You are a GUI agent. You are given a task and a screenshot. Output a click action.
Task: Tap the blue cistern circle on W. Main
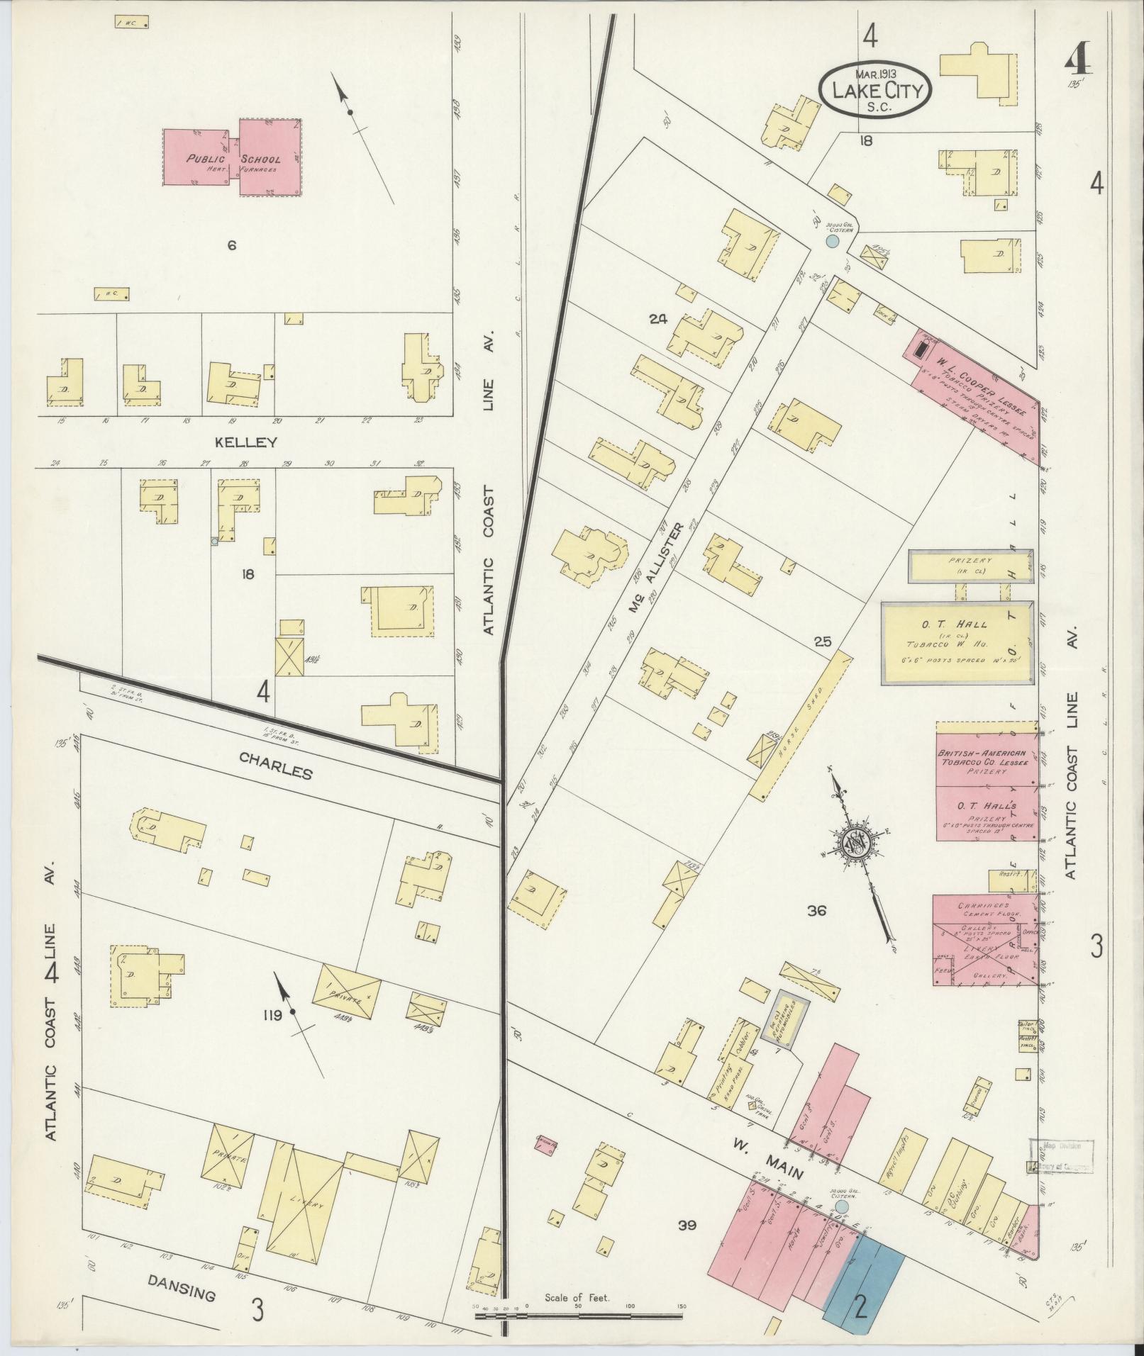(x=841, y=1205)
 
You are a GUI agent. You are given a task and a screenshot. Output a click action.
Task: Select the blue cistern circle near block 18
(x=833, y=241)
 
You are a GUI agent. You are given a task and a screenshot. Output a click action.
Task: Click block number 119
(x=272, y=1015)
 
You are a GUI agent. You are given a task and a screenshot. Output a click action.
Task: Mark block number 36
(x=816, y=911)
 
